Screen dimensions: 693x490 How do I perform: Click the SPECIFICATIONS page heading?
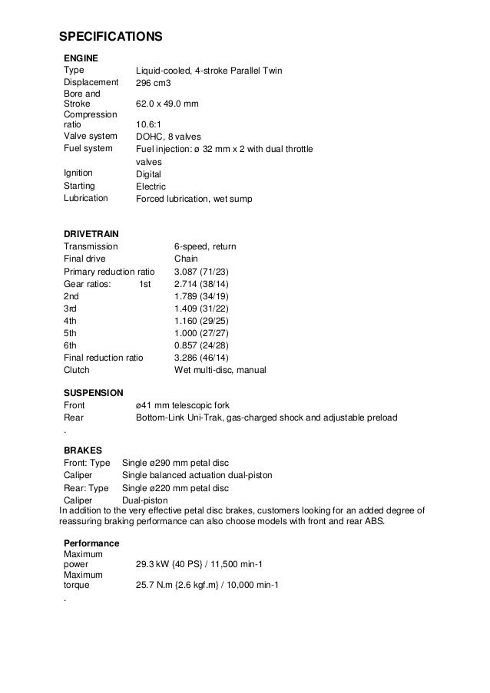click(111, 37)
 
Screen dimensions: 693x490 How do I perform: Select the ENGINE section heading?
click(79, 58)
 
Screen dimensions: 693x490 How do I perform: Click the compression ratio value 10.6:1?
click(148, 124)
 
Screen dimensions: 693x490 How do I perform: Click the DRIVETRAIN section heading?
click(91, 233)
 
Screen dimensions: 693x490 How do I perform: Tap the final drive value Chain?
click(187, 259)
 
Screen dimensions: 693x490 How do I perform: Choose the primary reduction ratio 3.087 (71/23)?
click(202, 272)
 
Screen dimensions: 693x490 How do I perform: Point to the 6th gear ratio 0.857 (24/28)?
click(202, 345)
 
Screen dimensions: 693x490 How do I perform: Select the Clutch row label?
click(78, 370)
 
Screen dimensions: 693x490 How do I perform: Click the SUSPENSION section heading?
click(93, 392)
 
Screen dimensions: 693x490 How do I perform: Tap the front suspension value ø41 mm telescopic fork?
click(182, 405)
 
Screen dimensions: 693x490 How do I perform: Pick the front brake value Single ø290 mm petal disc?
click(176, 463)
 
